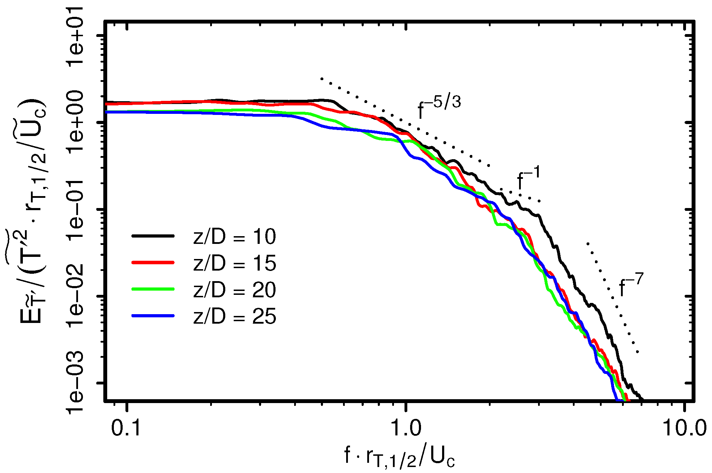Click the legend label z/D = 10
(x=234, y=236)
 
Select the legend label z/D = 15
(x=234, y=263)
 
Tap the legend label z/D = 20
(x=234, y=290)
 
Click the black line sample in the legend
(x=153, y=236)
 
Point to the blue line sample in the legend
(x=153, y=316)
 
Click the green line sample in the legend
(x=153, y=289)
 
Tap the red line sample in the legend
(x=153, y=263)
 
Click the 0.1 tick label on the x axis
(x=126, y=428)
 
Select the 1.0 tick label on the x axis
(x=406, y=428)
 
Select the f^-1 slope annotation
(x=528, y=178)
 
